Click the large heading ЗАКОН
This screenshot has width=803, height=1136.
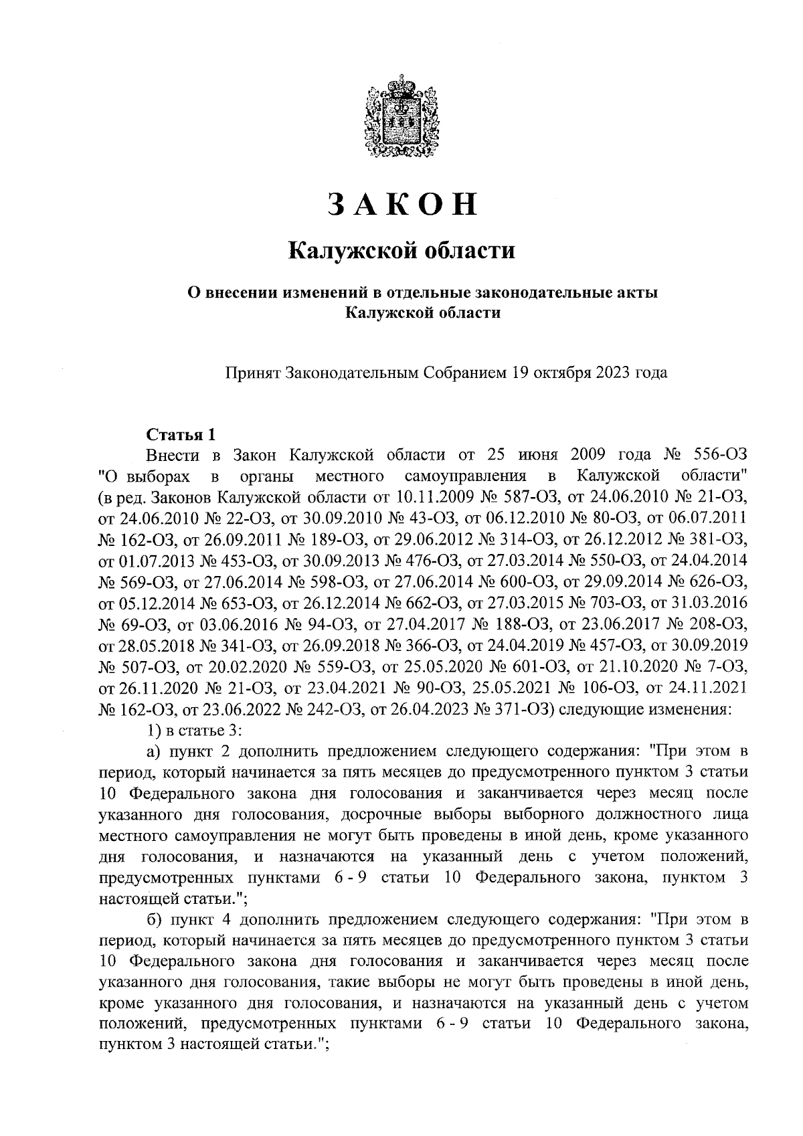click(402, 204)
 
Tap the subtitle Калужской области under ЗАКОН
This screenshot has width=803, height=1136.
click(401, 252)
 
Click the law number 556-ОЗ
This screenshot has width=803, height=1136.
click(720, 456)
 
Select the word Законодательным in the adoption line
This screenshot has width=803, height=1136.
click(353, 373)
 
